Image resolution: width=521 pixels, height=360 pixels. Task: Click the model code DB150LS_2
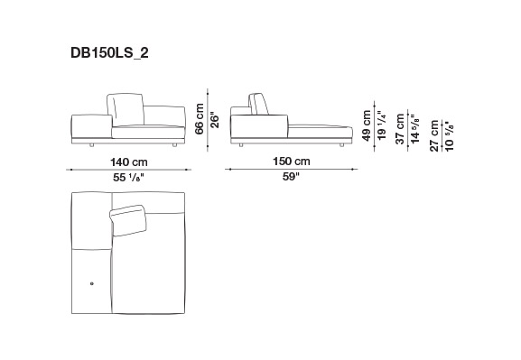109,53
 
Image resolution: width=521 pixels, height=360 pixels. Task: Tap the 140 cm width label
129,162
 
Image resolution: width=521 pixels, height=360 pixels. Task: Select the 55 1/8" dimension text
128,178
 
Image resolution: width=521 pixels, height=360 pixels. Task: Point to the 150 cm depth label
292,162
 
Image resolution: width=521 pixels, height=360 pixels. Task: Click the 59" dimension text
291,177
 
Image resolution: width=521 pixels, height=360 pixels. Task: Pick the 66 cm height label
200,119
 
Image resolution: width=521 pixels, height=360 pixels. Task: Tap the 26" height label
215,121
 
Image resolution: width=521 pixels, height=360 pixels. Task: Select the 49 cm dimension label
367,125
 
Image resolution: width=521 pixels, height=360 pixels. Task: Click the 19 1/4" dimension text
382,125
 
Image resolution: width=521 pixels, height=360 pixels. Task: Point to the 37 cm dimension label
400,129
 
